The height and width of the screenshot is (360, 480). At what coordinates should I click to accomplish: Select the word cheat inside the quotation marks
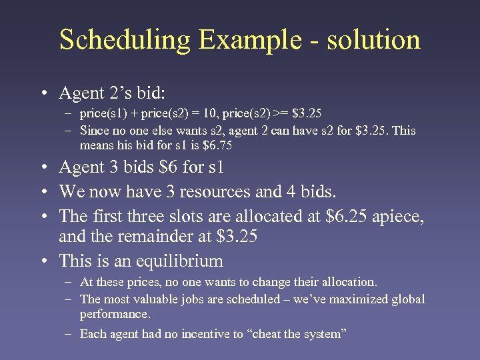[269, 334]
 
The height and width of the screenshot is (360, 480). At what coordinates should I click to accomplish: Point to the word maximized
[340, 299]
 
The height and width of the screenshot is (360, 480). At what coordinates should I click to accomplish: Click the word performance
[115, 313]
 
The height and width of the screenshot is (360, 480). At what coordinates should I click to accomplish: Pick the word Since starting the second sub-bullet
[93, 131]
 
